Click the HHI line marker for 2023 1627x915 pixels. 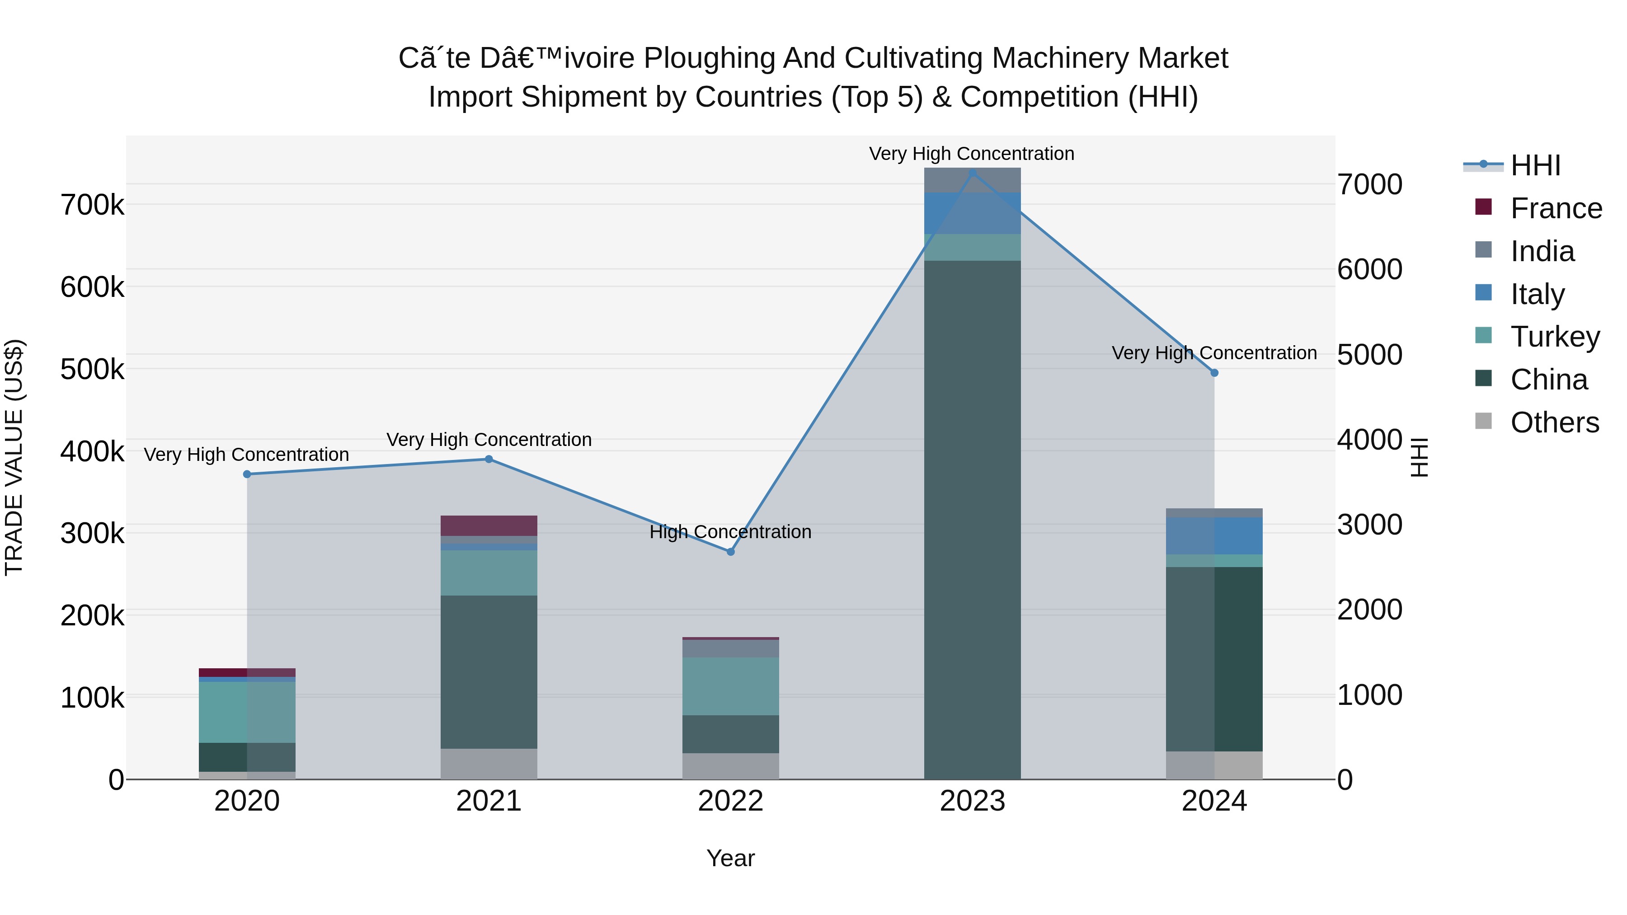[x=972, y=173]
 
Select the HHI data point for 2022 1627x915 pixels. [x=730, y=551]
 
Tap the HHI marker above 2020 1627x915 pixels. [x=247, y=474]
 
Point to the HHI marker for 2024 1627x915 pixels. [x=1214, y=373]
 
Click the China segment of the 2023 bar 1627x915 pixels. [x=972, y=518]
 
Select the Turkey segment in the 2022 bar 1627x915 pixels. [x=730, y=686]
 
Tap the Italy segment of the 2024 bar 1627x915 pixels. [x=1214, y=535]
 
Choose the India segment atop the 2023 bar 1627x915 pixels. [x=972, y=180]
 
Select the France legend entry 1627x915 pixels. [x=1556, y=208]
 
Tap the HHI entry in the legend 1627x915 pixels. [x=1535, y=165]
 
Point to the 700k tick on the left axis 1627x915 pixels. [x=92, y=205]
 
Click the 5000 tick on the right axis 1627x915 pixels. [x=1369, y=354]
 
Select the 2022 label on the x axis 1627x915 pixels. [x=730, y=801]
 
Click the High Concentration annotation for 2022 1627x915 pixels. [x=730, y=532]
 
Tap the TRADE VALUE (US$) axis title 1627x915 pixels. [x=14, y=457]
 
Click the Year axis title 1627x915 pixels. [x=730, y=858]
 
